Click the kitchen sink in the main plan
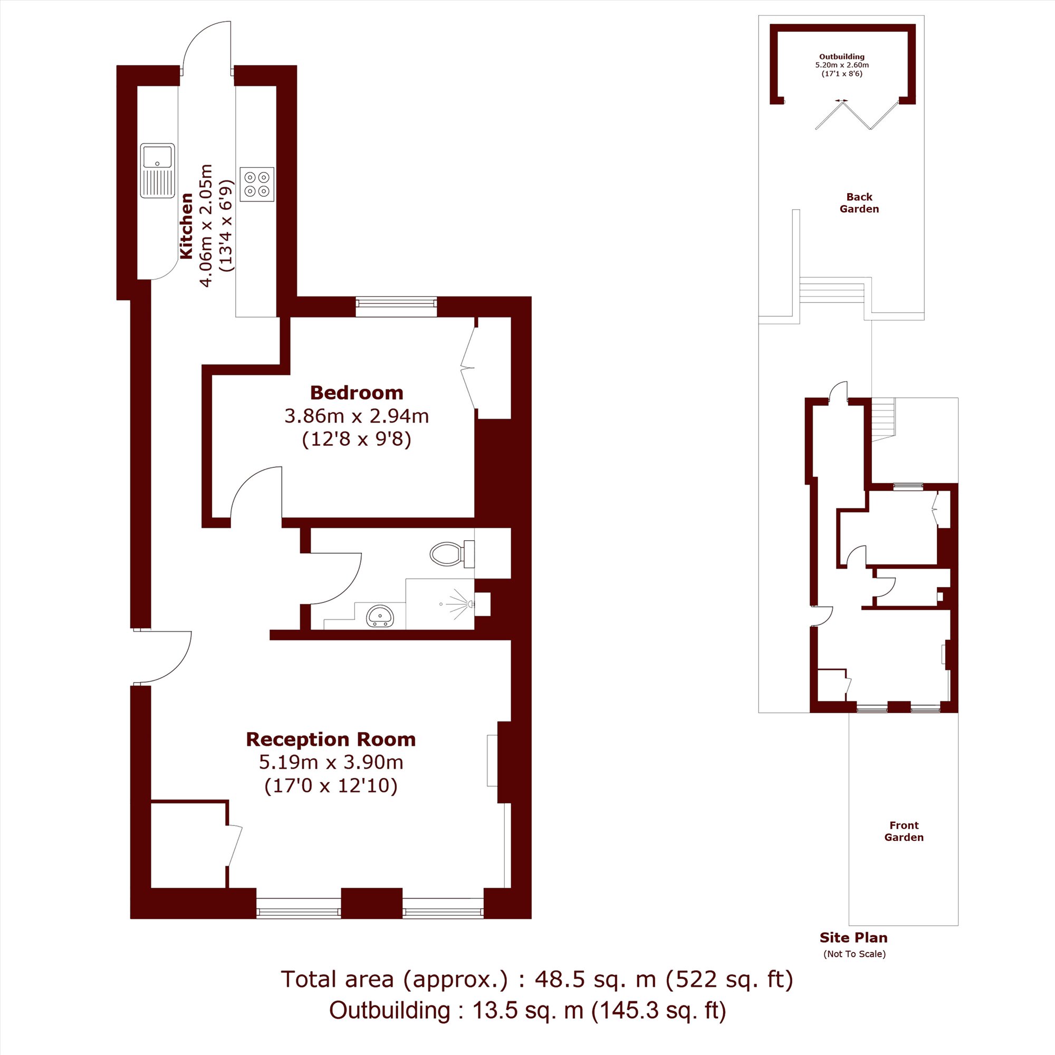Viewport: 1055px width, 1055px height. pyautogui.click(x=157, y=170)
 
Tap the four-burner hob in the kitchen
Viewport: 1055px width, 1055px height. pyautogui.click(x=257, y=184)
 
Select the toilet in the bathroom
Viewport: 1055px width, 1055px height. pyautogui.click(x=452, y=554)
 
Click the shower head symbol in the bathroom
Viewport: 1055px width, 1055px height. pyautogui.click(x=459, y=605)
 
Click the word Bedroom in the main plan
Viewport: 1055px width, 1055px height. pyautogui.click(x=357, y=392)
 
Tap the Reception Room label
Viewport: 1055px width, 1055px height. pyautogui.click(x=331, y=740)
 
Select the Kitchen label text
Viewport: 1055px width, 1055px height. pyautogui.click(x=187, y=226)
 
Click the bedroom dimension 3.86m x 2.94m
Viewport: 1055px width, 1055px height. pyautogui.click(x=357, y=416)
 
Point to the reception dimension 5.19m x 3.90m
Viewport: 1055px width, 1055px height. pyautogui.click(x=331, y=762)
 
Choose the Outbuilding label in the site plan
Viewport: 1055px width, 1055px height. pyautogui.click(x=841, y=56)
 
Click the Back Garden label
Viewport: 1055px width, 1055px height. pyautogui.click(x=859, y=203)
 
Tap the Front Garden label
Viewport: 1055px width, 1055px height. pyautogui.click(x=904, y=831)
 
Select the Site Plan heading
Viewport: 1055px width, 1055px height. pyautogui.click(x=853, y=937)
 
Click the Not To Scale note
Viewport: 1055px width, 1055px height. pyautogui.click(x=855, y=954)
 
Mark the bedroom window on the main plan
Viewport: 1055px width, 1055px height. pyautogui.click(x=397, y=307)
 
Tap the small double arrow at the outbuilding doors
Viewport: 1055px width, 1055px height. pyautogui.click(x=841, y=100)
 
